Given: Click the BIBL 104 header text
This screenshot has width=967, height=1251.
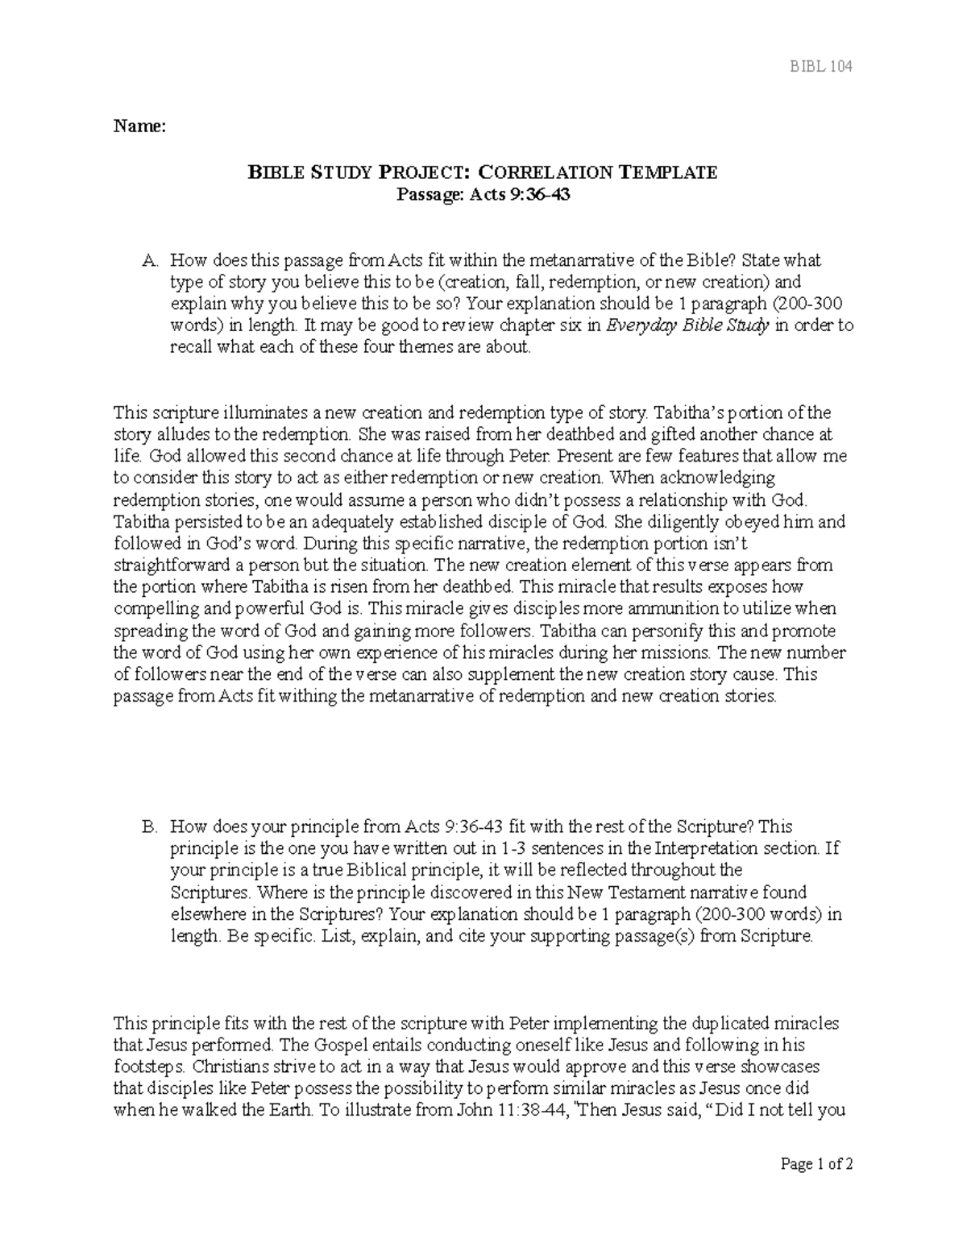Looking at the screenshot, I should pyautogui.click(x=820, y=66).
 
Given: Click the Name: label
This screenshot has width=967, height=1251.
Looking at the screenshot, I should pyautogui.click(x=139, y=126).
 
